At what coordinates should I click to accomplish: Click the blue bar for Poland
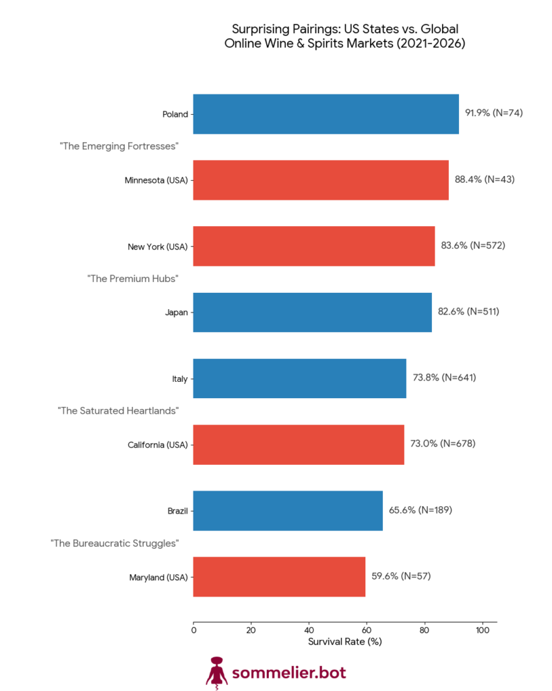tap(326, 114)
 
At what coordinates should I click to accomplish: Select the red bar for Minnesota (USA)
tap(321, 180)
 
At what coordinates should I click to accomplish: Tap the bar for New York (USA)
tap(313, 246)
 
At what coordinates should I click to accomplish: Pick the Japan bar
tap(312, 312)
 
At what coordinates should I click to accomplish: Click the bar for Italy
tap(299, 379)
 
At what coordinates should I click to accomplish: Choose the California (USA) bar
tap(299, 445)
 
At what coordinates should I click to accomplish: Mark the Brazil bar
tap(288, 511)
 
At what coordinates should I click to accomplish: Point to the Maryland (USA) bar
tap(279, 577)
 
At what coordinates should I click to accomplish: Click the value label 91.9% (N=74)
tap(494, 113)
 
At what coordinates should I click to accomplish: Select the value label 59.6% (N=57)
tap(401, 576)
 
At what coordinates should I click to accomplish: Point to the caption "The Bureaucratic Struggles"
tap(115, 543)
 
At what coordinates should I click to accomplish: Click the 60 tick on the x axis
tap(367, 630)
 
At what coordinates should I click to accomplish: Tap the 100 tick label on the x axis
tap(482, 630)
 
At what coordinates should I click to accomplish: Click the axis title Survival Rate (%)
tap(344, 642)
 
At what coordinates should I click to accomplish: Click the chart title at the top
tap(344, 36)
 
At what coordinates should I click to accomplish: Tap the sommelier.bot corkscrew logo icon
tap(216, 673)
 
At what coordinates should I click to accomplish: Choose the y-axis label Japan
tap(176, 312)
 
